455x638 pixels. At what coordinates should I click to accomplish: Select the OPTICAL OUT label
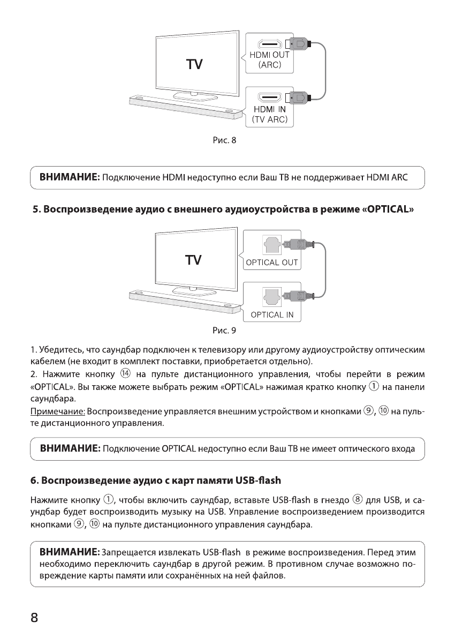coord(272,262)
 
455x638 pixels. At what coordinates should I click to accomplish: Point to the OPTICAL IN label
coord(272,314)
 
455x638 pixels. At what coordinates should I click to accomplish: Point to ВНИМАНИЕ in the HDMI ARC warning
coord(67,177)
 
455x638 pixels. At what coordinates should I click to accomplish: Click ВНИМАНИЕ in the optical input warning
coord(67,448)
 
